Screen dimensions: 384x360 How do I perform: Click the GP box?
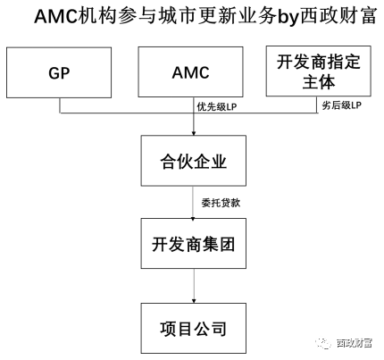[59, 72]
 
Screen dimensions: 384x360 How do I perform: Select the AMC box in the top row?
[190, 71]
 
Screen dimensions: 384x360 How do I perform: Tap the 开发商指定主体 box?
[318, 71]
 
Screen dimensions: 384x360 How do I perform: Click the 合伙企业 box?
[194, 161]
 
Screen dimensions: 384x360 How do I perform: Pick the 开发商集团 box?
[194, 243]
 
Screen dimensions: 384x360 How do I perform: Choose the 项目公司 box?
[194, 328]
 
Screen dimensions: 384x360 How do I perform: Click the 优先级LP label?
[217, 107]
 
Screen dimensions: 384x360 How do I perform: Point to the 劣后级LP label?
[341, 105]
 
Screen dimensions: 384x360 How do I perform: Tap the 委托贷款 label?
[221, 203]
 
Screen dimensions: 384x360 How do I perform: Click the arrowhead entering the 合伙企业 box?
[194, 134]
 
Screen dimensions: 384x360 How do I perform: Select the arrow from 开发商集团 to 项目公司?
[194, 286]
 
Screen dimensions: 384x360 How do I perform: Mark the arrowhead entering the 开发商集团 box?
[193, 219]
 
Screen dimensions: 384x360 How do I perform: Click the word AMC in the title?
[56, 16]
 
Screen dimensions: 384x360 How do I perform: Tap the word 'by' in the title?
[288, 17]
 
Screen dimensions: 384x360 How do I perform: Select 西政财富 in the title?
[338, 16]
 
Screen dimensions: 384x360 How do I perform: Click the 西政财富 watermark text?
[355, 343]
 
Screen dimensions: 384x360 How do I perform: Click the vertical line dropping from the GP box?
[60, 105]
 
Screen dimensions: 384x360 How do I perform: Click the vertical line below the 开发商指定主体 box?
[317, 105]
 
